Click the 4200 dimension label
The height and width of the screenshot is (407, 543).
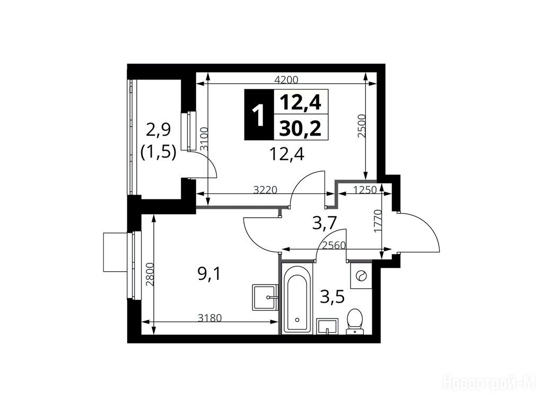coord(286,80)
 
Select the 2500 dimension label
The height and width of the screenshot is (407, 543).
coord(362,126)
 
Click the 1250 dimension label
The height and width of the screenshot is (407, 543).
coord(365,190)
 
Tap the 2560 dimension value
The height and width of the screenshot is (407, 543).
coord(334,245)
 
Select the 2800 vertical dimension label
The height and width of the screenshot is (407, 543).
coord(150,275)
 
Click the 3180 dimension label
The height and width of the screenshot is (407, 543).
coord(209,318)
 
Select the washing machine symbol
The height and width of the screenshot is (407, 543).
coord(361,276)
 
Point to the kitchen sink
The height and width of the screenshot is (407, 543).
coord(265,297)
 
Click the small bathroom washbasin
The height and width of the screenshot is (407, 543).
coord(327,326)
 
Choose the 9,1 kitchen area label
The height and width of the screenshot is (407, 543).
coord(209,275)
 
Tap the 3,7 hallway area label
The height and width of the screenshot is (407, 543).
coord(325,223)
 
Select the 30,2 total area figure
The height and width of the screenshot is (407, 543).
coord(301,129)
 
